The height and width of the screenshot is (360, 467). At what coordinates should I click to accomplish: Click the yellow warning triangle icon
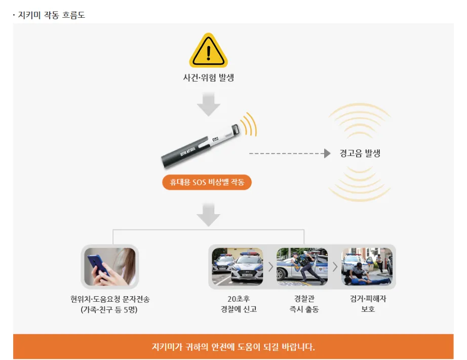point(209,51)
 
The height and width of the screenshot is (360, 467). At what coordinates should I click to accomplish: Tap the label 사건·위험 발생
point(209,77)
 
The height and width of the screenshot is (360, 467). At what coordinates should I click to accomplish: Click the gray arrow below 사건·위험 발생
point(209,104)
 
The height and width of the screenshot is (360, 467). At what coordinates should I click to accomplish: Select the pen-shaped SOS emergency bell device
point(200,146)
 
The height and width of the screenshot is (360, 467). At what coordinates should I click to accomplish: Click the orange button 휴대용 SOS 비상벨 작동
point(207,182)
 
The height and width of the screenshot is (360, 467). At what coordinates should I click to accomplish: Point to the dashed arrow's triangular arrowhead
point(327,153)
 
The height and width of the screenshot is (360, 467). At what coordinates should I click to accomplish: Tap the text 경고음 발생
point(360,153)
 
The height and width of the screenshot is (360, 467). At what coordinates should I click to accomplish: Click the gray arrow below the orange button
point(209,215)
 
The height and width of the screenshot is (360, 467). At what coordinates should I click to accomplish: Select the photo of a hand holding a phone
point(110,267)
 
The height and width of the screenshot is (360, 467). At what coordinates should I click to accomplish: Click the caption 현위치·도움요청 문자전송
point(110,299)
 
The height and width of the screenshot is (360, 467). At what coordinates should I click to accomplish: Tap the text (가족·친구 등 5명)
point(109,310)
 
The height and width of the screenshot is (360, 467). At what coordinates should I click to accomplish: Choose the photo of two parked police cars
point(238,266)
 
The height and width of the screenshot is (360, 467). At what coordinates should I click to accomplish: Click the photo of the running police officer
point(302,266)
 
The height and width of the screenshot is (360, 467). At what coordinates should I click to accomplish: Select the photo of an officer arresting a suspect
point(367,266)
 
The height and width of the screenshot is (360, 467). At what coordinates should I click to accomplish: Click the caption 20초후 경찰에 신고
point(239,304)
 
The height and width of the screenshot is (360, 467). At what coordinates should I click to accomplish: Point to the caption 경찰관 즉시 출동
point(304,304)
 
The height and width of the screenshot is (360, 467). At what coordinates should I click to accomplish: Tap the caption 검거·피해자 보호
point(368,304)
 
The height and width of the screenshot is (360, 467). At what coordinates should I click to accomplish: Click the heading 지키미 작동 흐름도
point(52,15)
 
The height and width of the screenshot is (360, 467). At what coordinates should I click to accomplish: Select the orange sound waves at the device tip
point(249,124)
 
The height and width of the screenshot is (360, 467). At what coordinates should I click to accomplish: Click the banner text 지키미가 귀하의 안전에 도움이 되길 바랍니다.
point(233,347)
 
